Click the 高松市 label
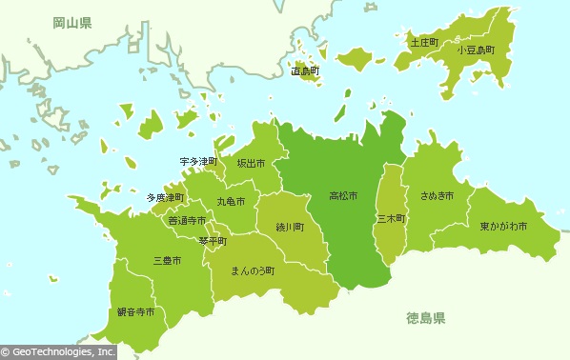343,196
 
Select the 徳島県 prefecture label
425,317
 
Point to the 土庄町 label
423,43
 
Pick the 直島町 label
305,71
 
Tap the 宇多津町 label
198,162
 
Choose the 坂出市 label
252,163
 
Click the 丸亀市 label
230,202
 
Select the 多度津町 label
165,198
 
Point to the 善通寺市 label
187,221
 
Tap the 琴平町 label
213,241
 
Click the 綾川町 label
290,228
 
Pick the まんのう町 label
253,270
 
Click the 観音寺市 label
135,312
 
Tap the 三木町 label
392,218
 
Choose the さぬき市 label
437,196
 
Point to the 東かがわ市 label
503,227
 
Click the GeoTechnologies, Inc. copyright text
59,351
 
